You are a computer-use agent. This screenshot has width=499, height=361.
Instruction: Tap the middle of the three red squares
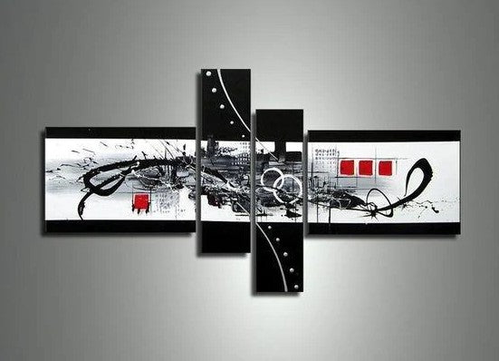[x=365, y=167]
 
